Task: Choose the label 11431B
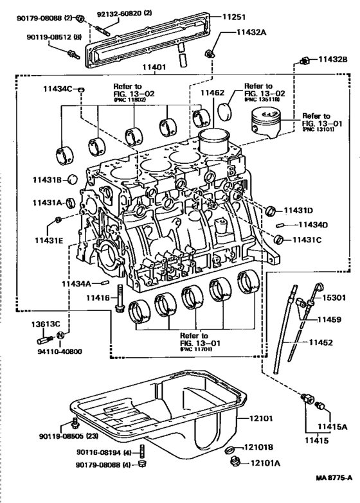[46, 181]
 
